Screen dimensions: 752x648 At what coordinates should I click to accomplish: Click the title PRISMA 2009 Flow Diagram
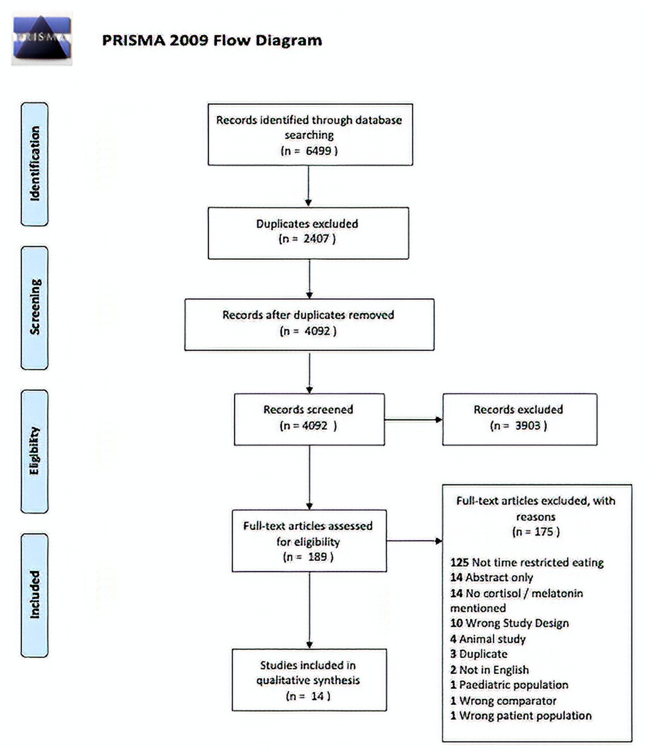(212, 40)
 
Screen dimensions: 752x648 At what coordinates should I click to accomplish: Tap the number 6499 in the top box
(319, 151)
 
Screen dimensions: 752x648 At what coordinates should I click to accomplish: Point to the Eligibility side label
(35, 451)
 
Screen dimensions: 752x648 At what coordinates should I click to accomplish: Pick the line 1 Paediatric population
(509, 685)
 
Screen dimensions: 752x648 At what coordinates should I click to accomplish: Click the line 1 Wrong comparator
(503, 701)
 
